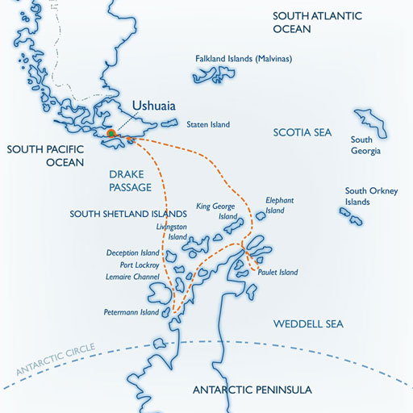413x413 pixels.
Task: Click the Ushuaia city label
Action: [155, 106]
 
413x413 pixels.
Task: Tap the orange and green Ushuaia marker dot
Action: [113, 133]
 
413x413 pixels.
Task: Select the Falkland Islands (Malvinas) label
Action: [243, 59]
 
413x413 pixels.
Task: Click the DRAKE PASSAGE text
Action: [131, 180]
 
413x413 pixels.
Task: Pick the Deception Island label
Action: [134, 252]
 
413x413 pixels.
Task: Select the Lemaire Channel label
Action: [134, 277]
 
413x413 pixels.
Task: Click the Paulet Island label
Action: [278, 272]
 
